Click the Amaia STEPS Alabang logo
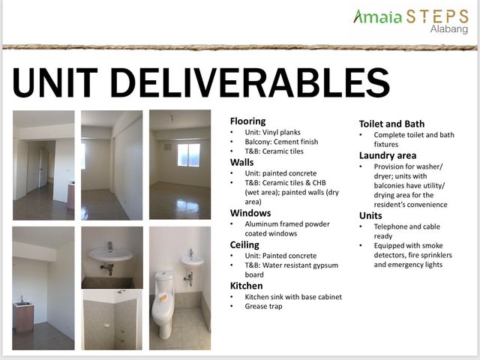coord(411,21)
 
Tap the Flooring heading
coord(248,121)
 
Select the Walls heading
coord(241,162)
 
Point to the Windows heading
coord(250,213)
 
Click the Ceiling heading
coord(244,245)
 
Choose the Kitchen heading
coord(247,286)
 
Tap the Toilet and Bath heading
coord(391,124)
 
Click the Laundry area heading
coord(388,155)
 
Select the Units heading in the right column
coord(370,215)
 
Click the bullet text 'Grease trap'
coord(263,306)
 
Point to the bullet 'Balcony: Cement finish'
coord(281,142)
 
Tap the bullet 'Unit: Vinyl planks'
coord(272,132)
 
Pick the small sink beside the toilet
coord(192,260)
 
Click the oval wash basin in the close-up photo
coord(111,254)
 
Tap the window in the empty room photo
coord(189,155)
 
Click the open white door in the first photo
coord(43,168)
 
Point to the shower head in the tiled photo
coord(121,291)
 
